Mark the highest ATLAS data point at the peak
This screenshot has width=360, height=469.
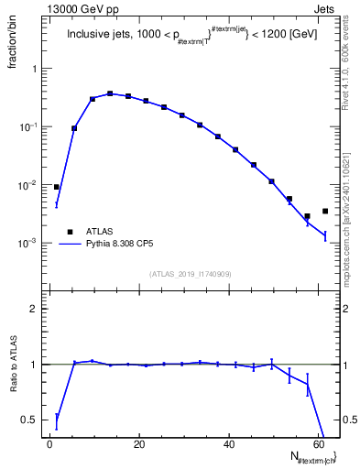pyautogui.click(x=110, y=93)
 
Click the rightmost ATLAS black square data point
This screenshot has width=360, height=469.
pyautogui.click(x=325, y=212)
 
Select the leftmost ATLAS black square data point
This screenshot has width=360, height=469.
pyautogui.click(x=57, y=187)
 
